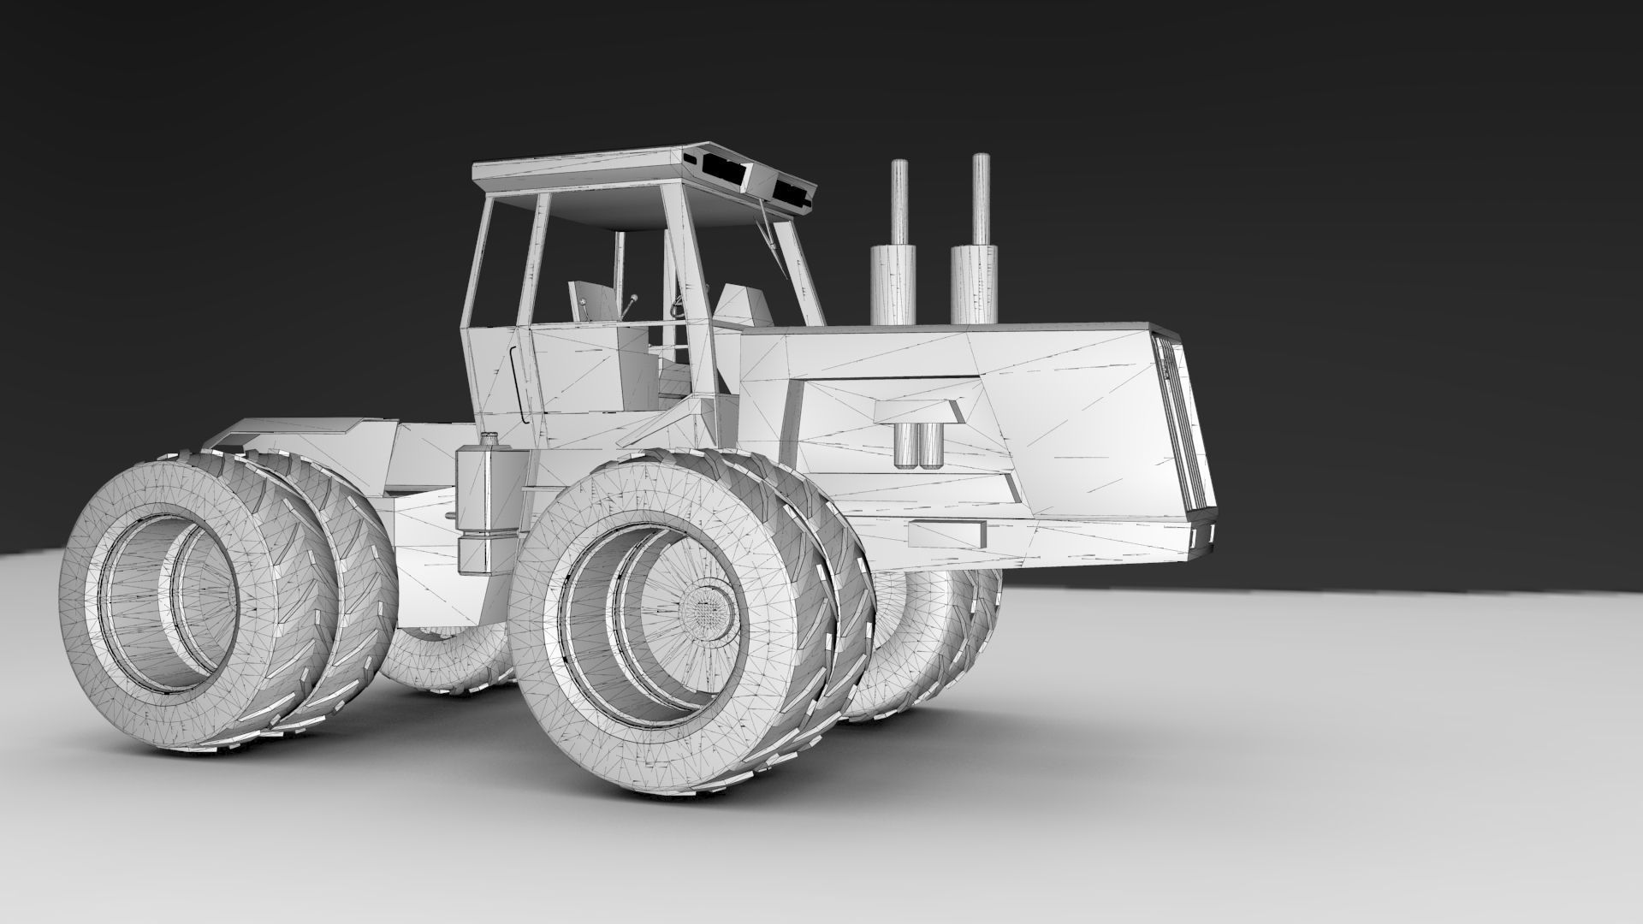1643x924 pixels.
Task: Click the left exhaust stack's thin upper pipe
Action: pos(899,202)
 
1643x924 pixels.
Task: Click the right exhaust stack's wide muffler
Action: pos(974,282)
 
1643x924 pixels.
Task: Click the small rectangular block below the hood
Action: pos(946,535)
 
